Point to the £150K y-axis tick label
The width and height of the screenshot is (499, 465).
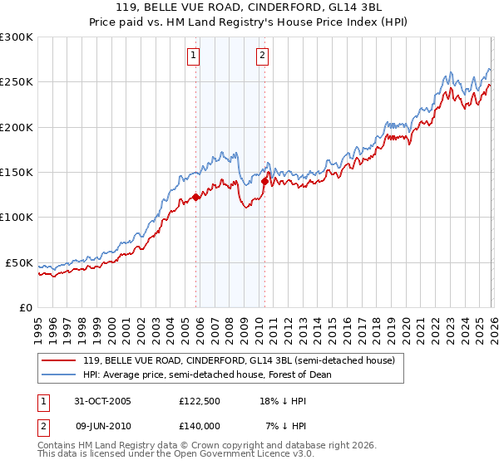pos(17,173)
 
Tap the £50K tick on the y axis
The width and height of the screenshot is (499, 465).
pos(19,262)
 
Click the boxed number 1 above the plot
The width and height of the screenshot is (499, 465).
pos(193,56)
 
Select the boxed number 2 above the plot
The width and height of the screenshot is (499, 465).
pos(262,56)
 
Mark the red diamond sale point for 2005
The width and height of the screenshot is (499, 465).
pos(196,197)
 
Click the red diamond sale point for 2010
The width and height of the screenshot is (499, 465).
pos(264,181)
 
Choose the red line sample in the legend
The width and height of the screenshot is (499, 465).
pos(60,360)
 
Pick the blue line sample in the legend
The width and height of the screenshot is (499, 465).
pos(60,374)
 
